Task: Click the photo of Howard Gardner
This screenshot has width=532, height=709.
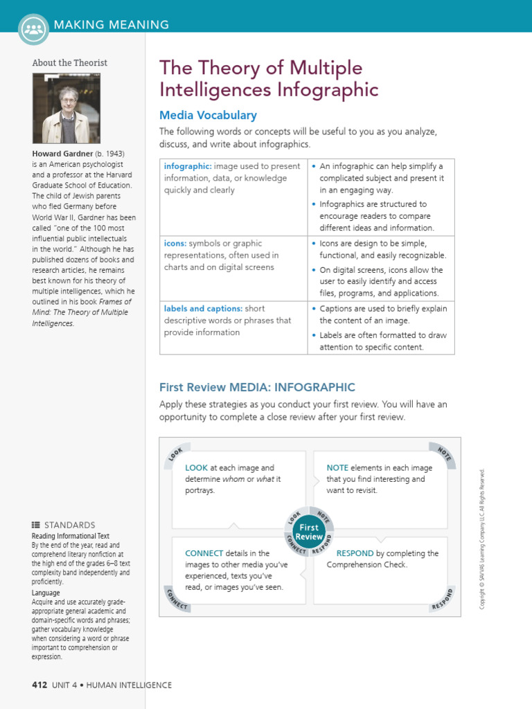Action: coord(66,109)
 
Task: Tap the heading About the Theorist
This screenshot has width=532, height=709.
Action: coord(70,63)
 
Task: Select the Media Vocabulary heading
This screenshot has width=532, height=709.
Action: coord(208,116)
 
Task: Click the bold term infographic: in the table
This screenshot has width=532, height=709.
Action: coord(188,167)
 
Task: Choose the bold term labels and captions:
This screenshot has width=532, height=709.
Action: coord(203,309)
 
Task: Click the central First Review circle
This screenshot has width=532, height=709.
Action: coord(309,532)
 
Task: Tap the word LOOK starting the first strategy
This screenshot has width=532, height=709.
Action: coord(196,468)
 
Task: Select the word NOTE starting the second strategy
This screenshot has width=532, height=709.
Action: coord(337,468)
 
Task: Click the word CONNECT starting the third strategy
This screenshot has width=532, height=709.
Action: coord(204,554)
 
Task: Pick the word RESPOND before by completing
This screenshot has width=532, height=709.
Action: coord(355,554)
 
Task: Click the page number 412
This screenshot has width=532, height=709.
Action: coord(39,685)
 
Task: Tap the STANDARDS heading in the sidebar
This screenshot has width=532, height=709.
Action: coord(69,526)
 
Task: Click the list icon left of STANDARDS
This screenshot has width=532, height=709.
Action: coord(36,526)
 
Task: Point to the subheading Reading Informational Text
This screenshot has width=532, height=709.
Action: coord(70,537)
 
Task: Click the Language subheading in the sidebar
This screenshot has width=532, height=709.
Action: coord(46,593)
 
